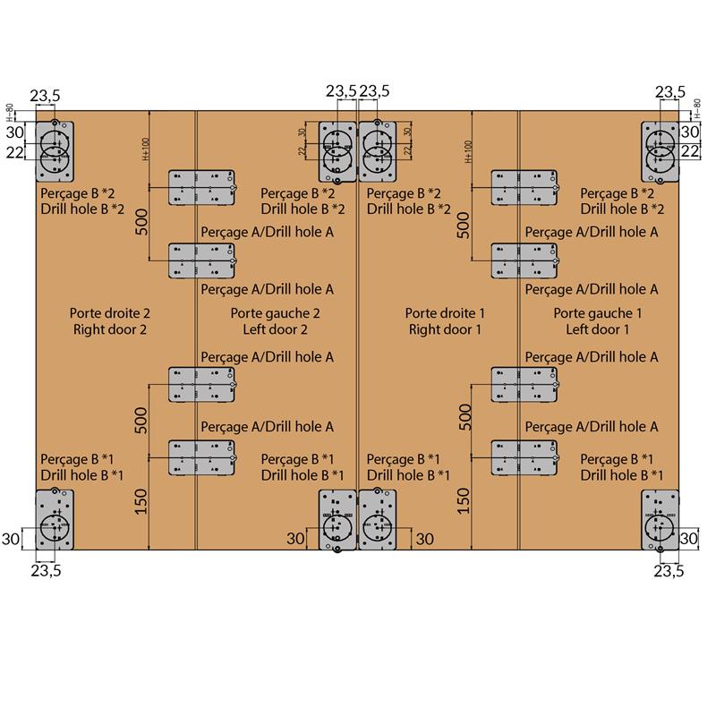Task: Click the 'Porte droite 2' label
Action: tap(109, 313)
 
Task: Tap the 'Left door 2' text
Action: tap(275, 329)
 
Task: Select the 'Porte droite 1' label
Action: tap(445, 313)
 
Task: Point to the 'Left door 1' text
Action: tap(597, 329)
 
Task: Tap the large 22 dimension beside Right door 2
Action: tap(15, 153)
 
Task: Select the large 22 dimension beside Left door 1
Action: tap(690, 151)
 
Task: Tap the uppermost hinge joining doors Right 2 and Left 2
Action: tap(202, 188)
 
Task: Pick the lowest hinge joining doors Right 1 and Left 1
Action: tap(524, 456)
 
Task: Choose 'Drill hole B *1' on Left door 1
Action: tap(621, 474)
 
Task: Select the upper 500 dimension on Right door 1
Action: tap(463, 224)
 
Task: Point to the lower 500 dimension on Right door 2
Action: tap(141, 418)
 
